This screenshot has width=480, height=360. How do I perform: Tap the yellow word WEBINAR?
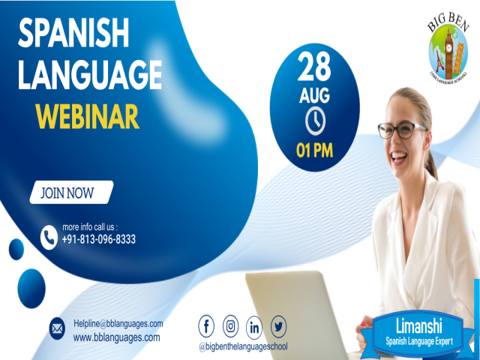click(87, 116)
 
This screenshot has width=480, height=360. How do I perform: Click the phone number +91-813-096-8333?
click(99, 240)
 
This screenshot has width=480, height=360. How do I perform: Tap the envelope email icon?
click(57, 328)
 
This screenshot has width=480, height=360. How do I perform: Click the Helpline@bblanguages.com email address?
click(118, 323)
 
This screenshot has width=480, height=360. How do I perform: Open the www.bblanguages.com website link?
click(116, 337)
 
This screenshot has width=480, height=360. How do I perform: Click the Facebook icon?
click(207, 327)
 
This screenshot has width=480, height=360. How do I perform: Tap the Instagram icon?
click(231, 327)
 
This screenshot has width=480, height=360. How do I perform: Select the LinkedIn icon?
click(255, 327)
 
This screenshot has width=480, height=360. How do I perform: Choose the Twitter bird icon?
click(279, 327)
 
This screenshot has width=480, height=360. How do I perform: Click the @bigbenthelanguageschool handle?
click(243, 346)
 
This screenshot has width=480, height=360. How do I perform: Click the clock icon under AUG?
click(315, 121)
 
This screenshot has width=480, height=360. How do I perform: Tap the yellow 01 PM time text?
click(315, 149)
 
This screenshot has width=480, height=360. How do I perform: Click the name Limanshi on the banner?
click(419, 326)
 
